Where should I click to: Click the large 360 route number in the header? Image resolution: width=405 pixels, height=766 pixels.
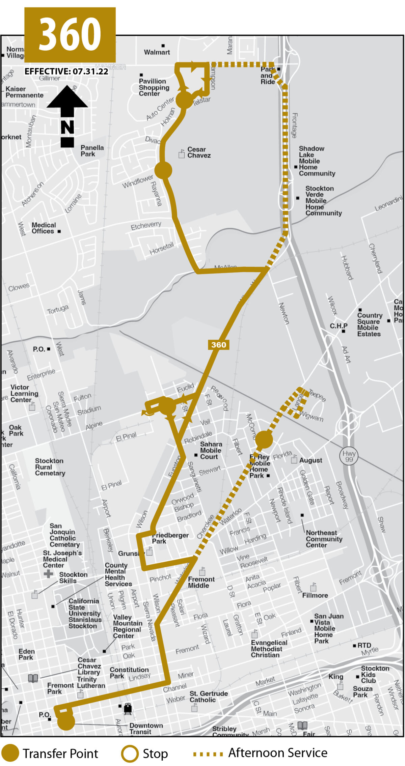pyautogui.click(x=70, y=34)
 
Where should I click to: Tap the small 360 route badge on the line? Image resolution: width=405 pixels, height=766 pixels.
pyautogui.click(x=219, y=345)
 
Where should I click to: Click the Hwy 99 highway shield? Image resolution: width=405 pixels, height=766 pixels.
pyautogui.click(x=349, y=456)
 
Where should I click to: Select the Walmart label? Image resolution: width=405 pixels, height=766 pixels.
pyautogui.click(x=157, y=52)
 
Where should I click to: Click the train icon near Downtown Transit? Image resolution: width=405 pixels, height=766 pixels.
pyautogui.click(x=128, y=709)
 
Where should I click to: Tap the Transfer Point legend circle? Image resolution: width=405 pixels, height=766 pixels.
pyautogui.click(x=10, y=753)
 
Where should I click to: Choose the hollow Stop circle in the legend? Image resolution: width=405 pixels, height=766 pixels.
pyautogui.click(x=130, y=754)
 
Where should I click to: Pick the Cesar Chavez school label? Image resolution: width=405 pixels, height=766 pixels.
pyautogui.click(x=199, y=152)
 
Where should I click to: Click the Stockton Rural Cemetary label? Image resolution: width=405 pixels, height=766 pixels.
pyautogui.click(x=50, y=467)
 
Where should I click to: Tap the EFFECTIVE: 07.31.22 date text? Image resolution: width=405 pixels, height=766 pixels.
pyautogui.click(x=66, y=72)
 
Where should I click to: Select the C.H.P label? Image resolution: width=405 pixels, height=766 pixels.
pyautogui.click(x=339, y=326)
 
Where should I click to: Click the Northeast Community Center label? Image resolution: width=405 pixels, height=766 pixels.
pyautogui.click(x=324, y=539)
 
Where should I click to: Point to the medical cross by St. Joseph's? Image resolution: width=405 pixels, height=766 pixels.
pyautogui.click(x=48, y=574)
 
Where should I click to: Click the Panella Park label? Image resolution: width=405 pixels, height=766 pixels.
pyautogui.click(x=92, y=151)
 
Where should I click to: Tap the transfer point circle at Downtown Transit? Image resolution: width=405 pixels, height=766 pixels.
pyautogui.click(x=66, y=722)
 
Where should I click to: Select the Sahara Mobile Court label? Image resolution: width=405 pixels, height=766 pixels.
pyautogui.click(x=211, y=450)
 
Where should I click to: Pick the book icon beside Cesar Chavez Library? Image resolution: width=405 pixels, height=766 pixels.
pyautogui.click(x=33, y=678)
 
